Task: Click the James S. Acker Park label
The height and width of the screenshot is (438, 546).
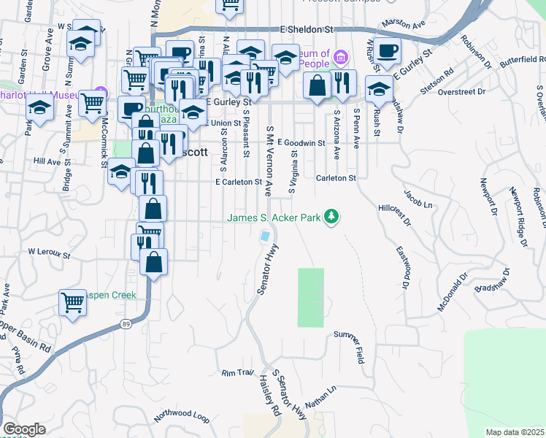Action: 275,218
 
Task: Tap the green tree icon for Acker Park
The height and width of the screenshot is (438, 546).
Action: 332,216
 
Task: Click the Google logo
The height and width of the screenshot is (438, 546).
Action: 24,429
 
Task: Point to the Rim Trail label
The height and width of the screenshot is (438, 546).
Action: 238,372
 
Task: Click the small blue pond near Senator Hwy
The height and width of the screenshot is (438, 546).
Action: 264,236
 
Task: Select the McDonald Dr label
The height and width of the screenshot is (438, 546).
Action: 452,293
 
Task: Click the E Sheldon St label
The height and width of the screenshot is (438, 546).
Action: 307,29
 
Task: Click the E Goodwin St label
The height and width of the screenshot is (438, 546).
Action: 301,143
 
